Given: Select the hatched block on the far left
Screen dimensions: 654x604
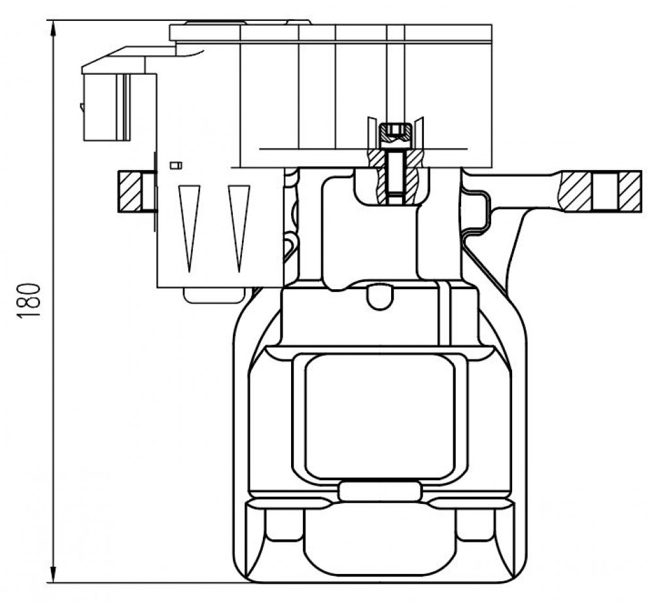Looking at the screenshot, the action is click(129, 192).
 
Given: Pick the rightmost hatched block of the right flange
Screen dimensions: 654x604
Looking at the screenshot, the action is click(630, 192).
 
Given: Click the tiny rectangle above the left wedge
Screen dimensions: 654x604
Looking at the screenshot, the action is click(176, 166).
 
